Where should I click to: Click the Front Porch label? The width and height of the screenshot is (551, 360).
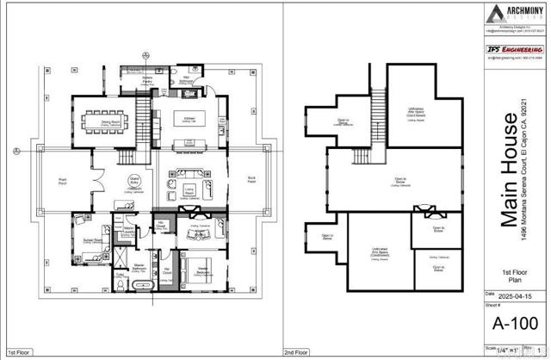point(63,183)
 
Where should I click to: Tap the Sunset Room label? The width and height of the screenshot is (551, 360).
point(90,240)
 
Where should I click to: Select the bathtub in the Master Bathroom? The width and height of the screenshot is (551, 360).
point(145,283)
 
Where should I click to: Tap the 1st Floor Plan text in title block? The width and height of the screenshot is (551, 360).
point(516,276)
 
